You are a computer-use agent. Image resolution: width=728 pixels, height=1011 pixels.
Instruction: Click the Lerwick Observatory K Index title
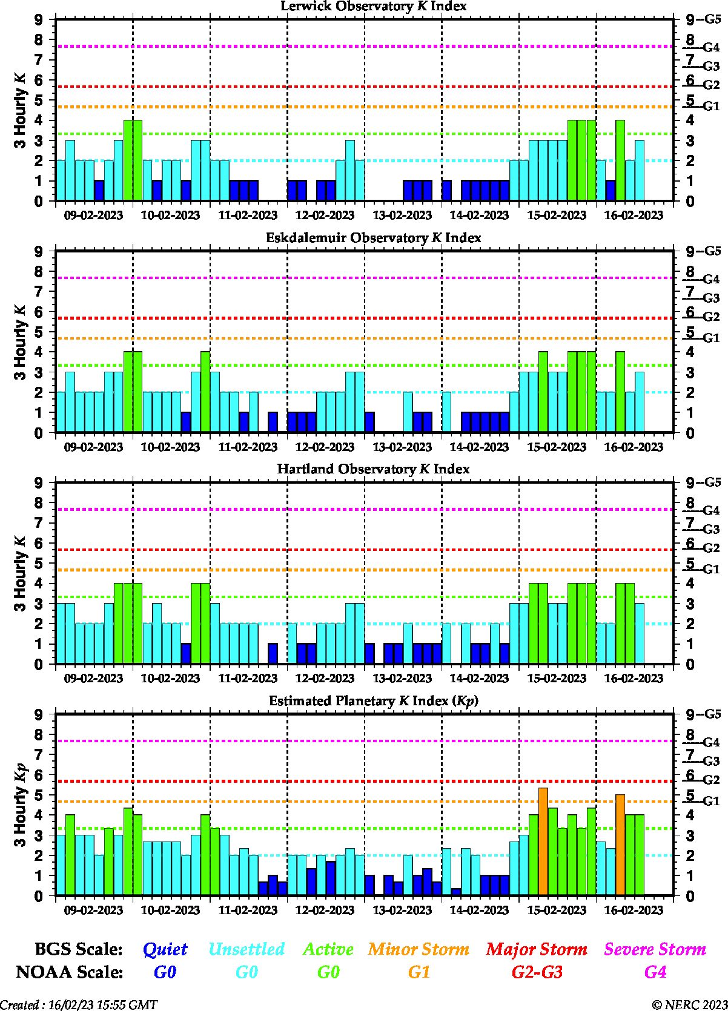coord(373,6)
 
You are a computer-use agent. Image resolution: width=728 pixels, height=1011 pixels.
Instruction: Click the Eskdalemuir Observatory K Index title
coord(373,237)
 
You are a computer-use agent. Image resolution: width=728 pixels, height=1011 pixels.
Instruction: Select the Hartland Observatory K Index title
coord(373,469)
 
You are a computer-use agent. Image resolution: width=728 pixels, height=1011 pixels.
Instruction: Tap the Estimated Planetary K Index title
coord(373,701)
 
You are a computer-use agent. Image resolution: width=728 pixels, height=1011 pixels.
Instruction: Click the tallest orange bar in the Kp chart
coord(543,841)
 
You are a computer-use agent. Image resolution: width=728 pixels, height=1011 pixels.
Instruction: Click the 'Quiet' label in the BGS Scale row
coord(165,949)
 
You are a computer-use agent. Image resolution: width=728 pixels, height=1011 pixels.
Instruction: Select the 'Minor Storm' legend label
coord(419,949)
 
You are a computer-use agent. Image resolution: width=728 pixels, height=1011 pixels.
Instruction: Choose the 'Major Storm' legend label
coord(537,949)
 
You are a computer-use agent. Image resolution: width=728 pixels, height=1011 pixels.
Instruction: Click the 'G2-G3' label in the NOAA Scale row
coord(537,972)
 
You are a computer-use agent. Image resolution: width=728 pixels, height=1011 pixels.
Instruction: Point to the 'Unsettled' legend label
coord(246,949)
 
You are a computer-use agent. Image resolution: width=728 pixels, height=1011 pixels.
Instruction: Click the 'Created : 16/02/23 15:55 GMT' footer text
coord(79,1005)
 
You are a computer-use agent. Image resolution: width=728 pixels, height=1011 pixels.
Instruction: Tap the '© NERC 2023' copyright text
coord(689,1005)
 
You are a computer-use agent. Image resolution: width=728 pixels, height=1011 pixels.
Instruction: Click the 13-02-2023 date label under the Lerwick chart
coord(402,216)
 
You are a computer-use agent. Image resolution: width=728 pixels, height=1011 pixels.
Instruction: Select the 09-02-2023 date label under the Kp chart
coord(93,910)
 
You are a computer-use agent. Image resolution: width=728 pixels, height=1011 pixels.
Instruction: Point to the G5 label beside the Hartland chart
coord(712,482)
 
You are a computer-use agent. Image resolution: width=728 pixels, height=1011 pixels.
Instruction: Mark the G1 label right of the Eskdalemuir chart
coord(711,338)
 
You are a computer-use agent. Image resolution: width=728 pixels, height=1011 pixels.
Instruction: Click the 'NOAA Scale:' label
coord(70,972)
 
